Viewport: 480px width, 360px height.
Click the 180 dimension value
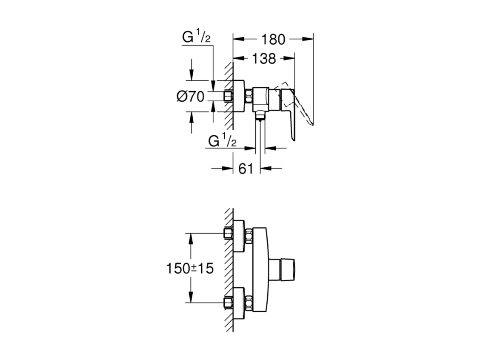tap(273, 40)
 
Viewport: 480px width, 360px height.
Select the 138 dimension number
tap(263, 58)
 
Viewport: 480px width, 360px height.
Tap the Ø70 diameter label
tap(190, 97)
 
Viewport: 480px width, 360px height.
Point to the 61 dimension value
tap(246, 169)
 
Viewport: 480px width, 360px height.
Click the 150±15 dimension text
tap(190, 269)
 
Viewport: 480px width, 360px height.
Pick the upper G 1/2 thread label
tap(197, 37)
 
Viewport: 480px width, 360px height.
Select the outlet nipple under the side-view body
tap(260, 116)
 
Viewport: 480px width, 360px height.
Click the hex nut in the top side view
tap(249, 96)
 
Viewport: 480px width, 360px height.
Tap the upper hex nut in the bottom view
tap(249, 236)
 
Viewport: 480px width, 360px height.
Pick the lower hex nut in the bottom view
tap(249, 303)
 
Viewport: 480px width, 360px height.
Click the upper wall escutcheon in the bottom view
tap(239, 236)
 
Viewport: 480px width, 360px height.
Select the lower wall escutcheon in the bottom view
tap(239, 303)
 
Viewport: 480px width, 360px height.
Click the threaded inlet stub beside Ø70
tap(229, 96)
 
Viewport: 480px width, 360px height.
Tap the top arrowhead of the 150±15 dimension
tap(191, 239)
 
